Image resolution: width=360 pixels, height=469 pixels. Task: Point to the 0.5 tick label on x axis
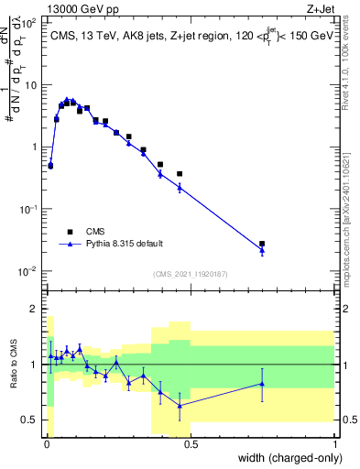190,445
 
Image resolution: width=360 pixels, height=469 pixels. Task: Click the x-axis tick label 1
334,445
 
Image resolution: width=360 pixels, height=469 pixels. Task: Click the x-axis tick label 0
46,445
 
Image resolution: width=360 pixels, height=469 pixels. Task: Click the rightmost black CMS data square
262,244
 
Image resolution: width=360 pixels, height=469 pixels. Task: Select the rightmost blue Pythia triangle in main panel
262,250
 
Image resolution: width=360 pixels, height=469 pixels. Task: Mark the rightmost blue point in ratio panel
262,384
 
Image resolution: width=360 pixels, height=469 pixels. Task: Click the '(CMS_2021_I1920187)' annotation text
190,274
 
